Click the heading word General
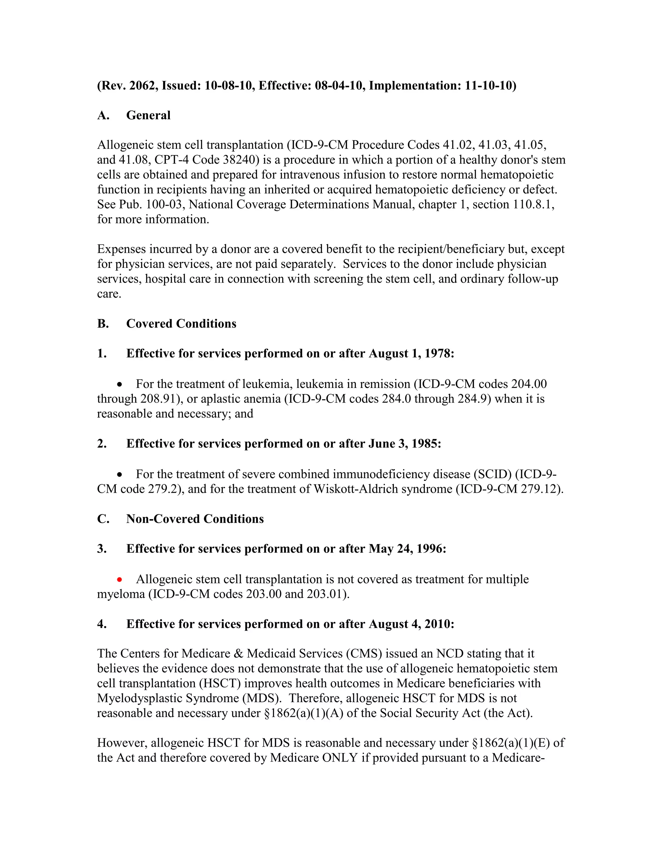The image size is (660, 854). point(148,115)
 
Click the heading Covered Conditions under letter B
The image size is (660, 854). point(181,324)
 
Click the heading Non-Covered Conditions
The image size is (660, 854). point(195,519)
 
